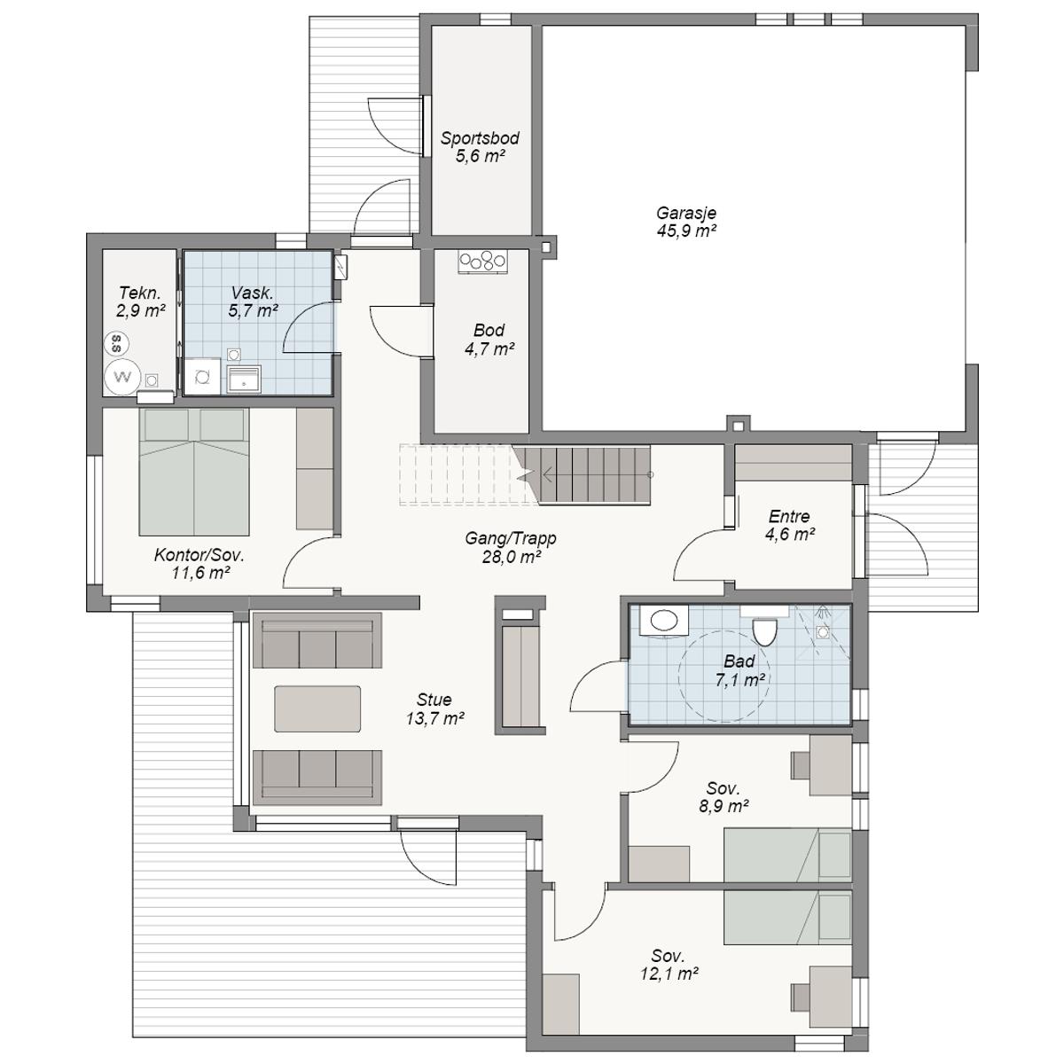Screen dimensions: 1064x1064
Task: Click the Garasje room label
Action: click(686, 213)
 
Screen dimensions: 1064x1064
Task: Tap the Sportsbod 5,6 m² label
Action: click(480, 147)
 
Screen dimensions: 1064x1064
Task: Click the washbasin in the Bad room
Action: click(664, 621)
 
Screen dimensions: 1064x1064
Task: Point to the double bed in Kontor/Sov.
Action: click(194, 472)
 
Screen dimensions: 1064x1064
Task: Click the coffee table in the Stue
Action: click(317, 709)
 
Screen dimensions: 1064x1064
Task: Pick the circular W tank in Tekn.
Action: click(122, 377)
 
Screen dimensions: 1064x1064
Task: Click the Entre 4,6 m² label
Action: click(790, 525)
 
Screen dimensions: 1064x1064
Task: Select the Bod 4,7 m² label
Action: click(489, 340)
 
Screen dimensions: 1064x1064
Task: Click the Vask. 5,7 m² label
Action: click(253, 301)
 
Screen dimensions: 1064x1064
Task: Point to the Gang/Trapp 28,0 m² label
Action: click(511, 547)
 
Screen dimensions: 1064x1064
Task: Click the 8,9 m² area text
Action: click(724, 807)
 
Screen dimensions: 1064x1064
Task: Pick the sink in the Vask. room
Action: click(244, 379)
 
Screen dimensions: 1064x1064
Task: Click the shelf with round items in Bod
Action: click(482, 262)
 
